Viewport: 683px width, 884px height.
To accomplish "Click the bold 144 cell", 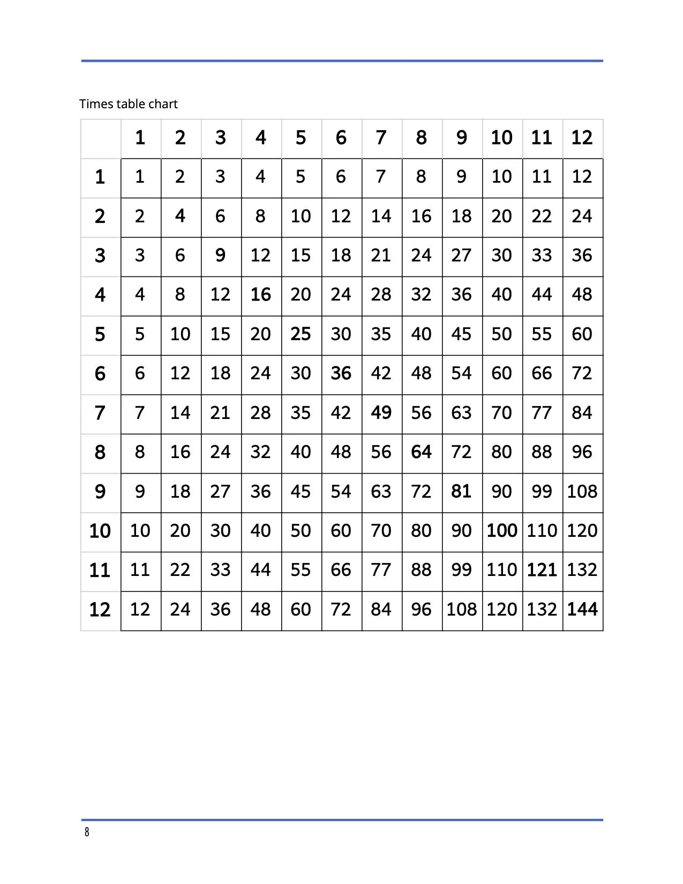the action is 582,609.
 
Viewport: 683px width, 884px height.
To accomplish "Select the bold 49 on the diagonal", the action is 381,413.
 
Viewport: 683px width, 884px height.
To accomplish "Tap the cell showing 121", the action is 542,570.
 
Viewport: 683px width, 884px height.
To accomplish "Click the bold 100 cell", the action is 502,530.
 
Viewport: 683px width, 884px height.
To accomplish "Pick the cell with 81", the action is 461,491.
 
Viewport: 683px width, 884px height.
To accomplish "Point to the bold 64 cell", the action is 421,452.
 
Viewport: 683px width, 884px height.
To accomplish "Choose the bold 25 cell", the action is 301,334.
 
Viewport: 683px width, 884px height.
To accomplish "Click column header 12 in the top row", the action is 582,138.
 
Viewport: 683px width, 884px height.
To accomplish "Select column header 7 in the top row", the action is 381,138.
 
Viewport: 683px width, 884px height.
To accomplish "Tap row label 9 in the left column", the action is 100,491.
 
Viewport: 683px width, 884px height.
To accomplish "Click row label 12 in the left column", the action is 100,609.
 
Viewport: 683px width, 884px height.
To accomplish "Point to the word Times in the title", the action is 96,104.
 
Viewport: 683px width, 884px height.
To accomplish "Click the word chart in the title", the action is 163,104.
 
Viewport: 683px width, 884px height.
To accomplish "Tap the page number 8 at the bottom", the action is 87,832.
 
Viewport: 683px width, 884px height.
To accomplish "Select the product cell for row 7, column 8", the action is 421,413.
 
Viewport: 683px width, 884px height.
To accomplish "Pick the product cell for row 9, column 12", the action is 582,491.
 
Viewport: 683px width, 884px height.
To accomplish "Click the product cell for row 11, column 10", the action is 502,570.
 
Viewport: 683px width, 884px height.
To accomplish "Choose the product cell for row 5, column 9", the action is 461,334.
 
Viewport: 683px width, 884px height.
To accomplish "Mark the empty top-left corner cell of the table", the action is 101,138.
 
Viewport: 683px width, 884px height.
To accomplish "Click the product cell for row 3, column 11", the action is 542,255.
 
